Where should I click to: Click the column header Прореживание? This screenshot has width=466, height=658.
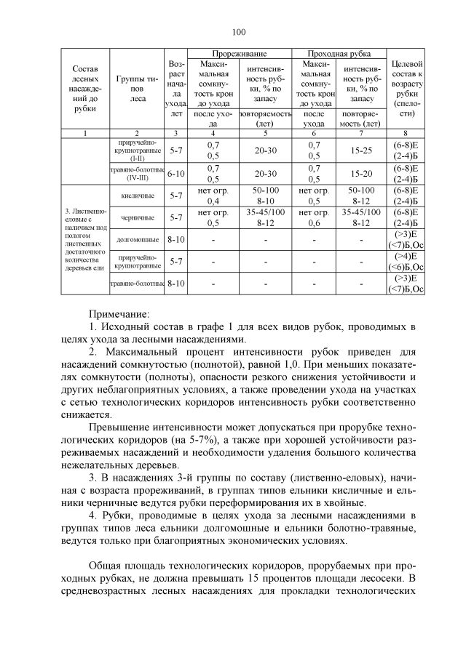(240, 54)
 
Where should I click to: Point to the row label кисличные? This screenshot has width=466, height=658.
(137, 196)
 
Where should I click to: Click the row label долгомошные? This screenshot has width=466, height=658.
(137, 238)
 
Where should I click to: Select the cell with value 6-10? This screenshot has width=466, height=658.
(176, 174)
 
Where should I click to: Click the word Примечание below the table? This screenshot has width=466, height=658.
(119, 314)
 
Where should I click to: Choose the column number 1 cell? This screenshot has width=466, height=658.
(84, 133)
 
